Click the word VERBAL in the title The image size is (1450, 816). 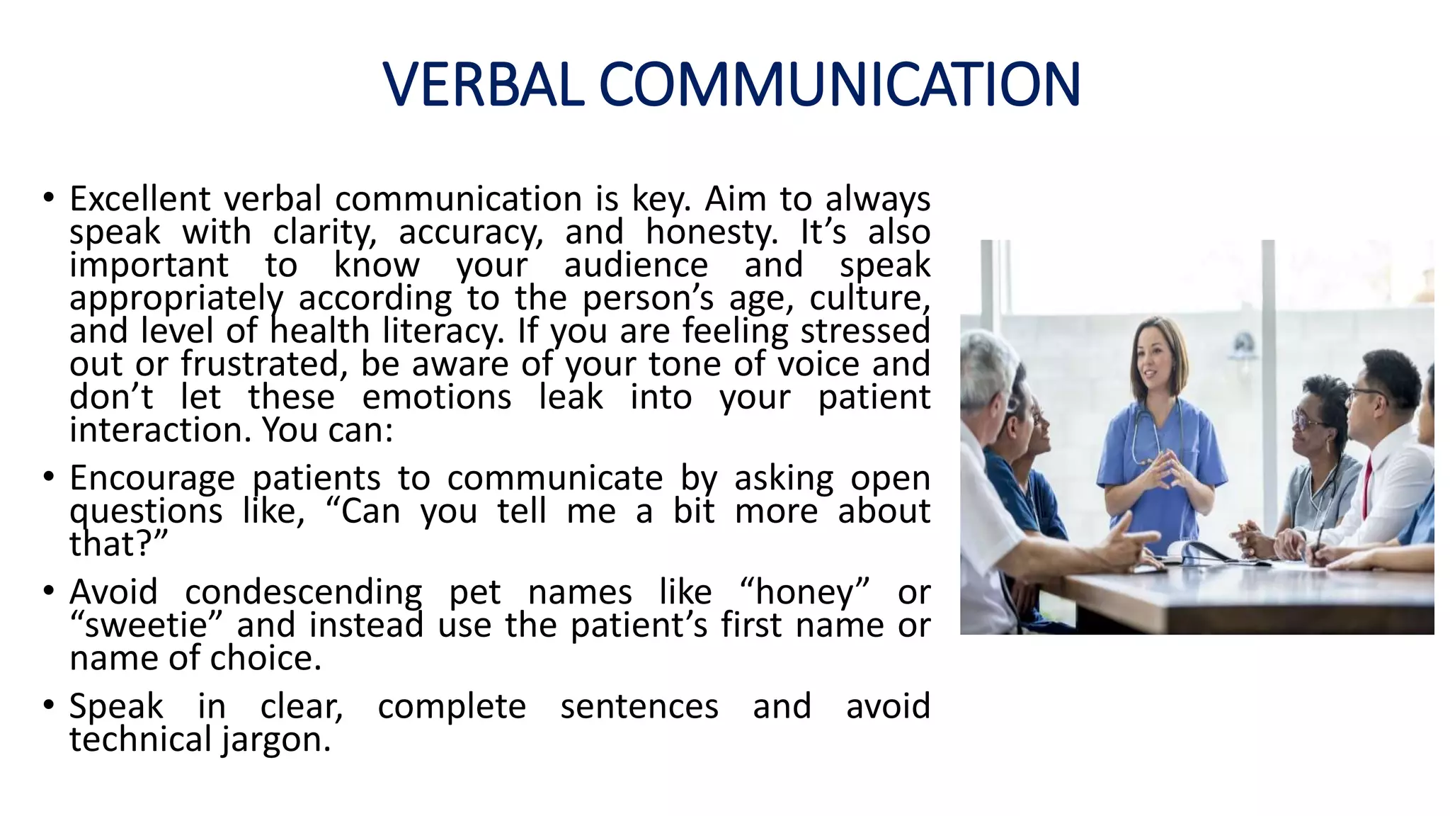[x=484, y=85]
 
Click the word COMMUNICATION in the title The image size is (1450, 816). [x=839, y=85]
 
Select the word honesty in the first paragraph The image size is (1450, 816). [x=711, y=232]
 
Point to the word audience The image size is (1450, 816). [x=636, y=266]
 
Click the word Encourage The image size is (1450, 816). [x=152, y=478]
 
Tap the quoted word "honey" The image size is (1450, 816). [x=804, y=592]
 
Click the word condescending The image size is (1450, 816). [x=304, y=592]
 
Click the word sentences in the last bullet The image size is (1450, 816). [x=639, y=707]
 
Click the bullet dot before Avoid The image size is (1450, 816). [x=48, y=591]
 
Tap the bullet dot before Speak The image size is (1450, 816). [x=48, y=705]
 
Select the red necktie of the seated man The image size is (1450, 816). [x=1367, y=489]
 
